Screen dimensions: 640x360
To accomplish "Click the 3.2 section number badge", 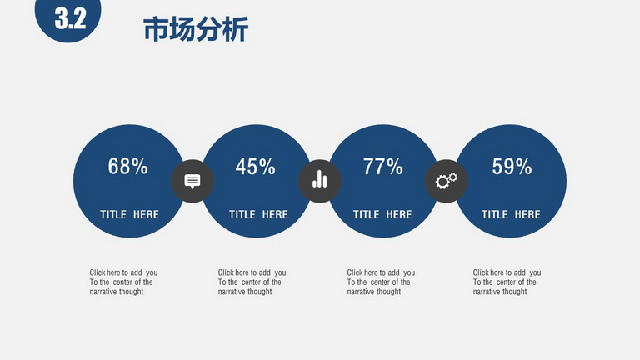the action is (x=67, y=17).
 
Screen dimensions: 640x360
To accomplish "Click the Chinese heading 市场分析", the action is (x=196, y=29).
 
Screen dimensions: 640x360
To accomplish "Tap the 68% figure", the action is (x=127, y=166).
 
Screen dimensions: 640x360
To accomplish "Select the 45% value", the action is (x=256, y=167).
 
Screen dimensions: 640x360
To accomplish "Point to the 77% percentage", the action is (x=382, y=167).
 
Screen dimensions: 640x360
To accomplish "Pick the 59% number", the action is (x=512, y=167).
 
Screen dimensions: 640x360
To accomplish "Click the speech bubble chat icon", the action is (x=192, y=181).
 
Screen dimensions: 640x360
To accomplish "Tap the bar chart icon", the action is (x=320, y=179).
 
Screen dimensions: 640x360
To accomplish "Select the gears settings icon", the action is (x=446, y=180).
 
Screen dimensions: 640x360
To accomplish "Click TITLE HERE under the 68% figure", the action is (x=129, y=214).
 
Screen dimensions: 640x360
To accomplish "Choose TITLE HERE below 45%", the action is (x=258, y=214).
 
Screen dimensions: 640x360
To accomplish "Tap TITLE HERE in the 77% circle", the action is (x=382, y=214).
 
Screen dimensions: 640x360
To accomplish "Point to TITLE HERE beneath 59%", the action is (x=511, y=214).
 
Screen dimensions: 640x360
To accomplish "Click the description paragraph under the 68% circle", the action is (x=123, y=282).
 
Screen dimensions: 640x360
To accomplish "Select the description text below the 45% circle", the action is (x=252, y=282).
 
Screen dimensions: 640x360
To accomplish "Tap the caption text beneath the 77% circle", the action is (x=381, y=282).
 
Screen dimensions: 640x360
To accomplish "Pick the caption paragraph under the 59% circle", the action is (x=507, y=282).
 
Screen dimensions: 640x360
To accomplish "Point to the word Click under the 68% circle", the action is (x=97, y=272).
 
